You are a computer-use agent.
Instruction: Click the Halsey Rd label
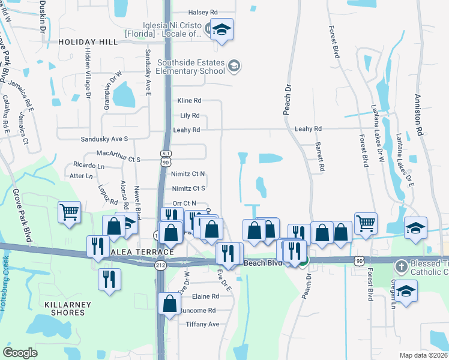tap(203, 12)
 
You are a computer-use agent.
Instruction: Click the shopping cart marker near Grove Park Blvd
tap(70, 211)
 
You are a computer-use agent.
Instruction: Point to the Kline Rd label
tap(188, 101)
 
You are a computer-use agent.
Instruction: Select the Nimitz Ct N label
tap(188, 173)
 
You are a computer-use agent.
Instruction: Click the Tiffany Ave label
tap(202, 324)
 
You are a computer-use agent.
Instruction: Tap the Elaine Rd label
tap(205, 296)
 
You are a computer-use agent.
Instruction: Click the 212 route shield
tap(160, 265)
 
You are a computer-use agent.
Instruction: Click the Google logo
tap(20, 353)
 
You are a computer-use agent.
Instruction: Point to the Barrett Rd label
tap(321, 157)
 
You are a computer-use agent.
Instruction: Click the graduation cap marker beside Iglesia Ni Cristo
tap(221, 31)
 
